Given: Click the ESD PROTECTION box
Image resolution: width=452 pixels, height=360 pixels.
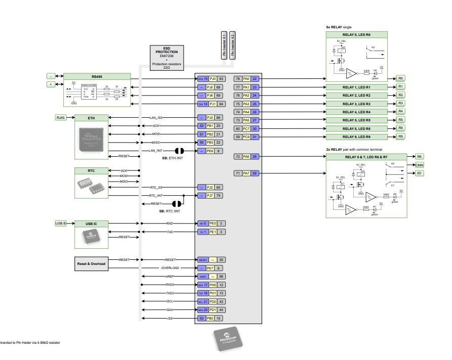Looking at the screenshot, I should [167, 57].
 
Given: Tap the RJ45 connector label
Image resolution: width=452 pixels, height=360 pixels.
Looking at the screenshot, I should [61, 118].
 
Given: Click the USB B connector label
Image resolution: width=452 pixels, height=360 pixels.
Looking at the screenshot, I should [61, 223].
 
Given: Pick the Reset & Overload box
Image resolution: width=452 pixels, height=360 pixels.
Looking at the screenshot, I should [91, 263].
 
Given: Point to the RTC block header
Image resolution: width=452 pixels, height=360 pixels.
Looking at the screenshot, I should [91, 171].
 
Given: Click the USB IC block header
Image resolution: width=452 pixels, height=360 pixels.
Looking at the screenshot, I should [91, 223].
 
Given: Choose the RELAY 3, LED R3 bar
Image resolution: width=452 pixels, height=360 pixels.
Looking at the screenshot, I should [356, 104].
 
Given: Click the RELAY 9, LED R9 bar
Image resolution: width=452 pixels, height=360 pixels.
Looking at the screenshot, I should [356, 137].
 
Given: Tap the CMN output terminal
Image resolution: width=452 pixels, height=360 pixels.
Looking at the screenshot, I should [419, 165].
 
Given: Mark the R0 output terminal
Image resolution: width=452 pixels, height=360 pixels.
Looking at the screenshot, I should [400, 78].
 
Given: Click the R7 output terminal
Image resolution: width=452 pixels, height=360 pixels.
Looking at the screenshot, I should [419, 173].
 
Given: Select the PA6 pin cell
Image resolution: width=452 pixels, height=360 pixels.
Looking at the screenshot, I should [246, 157].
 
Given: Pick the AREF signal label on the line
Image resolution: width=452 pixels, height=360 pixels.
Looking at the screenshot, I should [170, 277].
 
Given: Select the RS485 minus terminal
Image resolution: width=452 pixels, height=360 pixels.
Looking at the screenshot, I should [51, 76].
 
